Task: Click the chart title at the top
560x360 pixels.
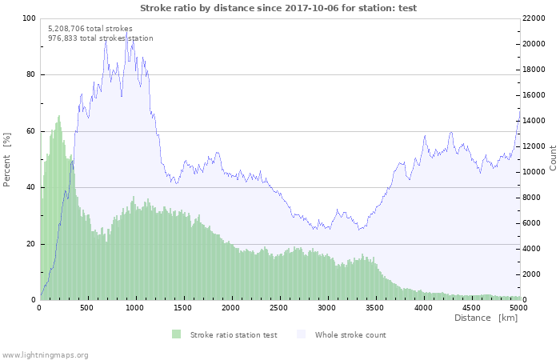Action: tap(278, 8)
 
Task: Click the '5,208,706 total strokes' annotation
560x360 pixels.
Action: tap(90, 28)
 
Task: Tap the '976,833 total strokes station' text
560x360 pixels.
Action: tap(101, 38)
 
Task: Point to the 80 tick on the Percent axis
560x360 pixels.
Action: tap(30, 75)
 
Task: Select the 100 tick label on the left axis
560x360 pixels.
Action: tap(29, 18)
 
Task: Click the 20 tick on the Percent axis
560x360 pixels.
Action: tap(30, 244)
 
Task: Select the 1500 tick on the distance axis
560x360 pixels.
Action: tap(183, 307)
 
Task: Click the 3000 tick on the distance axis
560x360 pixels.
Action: tap(326, 307)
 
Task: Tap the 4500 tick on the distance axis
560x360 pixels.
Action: tap(470, 307)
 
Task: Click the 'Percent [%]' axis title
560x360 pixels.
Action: tap(7, 159)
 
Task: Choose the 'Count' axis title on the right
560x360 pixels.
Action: tap(553, 158)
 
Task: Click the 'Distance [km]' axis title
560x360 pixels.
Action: tap(486, 318)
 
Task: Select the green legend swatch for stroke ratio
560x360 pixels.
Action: tap(176, 334)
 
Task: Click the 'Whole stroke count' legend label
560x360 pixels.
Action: tap(350, 334)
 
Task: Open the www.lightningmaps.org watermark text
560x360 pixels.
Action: tap(45, 354)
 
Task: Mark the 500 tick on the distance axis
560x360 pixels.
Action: tap(88, 307)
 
